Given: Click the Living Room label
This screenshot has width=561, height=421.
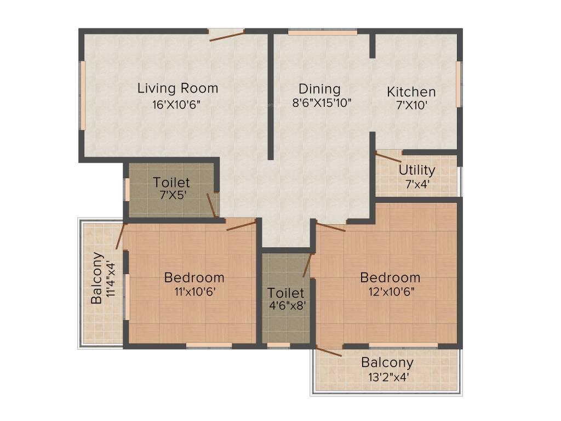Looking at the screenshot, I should click(x=178, y=88).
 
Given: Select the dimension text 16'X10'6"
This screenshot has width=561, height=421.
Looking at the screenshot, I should click(x=177, y=104).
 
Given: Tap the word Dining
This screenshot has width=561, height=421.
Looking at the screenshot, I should click(x=319, y=89).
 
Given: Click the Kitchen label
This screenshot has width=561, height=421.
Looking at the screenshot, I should click(x=411, y=92).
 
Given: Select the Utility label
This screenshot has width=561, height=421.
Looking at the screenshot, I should click(x=417, y=170).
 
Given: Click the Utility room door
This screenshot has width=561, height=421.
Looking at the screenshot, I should click(x=388, y=158).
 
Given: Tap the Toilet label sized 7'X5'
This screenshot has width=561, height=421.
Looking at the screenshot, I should click(x=171, y=182).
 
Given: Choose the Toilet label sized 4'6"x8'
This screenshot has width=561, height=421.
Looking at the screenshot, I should click(x=285, y=293).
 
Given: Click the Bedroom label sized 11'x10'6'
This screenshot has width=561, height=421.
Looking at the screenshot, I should click(x=194, y=277).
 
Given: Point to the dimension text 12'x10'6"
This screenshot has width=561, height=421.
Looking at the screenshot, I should click(x=390, y=292).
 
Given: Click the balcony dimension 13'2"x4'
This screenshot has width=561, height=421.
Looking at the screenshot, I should click(x=387, y=377).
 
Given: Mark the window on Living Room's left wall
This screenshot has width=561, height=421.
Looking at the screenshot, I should click(x=83, y=95).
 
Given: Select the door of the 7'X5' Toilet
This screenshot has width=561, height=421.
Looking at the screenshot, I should click(x=211, y=206).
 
